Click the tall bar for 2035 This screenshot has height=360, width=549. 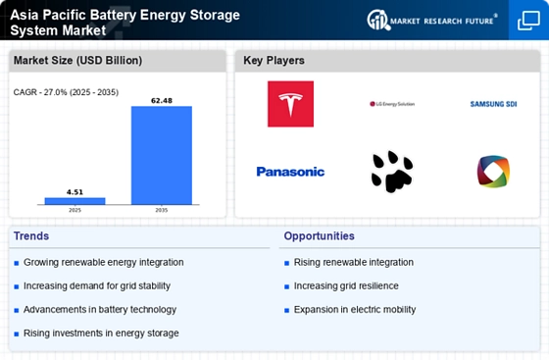click(162, 154)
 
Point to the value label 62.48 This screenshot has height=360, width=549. click(162, 99)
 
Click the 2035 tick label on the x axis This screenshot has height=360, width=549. click(162, 210)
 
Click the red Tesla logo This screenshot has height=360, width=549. click(290, 103)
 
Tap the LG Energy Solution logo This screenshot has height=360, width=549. click(391, 103)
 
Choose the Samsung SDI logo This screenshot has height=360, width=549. click(493, 103)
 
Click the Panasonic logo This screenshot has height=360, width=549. click(290, 172)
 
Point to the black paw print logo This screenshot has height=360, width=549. click(391, 171)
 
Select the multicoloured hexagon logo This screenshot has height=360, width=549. click(493, 172)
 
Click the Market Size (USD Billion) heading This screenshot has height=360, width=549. click(76, 61)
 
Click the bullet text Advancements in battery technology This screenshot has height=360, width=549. click(100, 309)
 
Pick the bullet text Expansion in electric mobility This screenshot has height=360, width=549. click(354, 309)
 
